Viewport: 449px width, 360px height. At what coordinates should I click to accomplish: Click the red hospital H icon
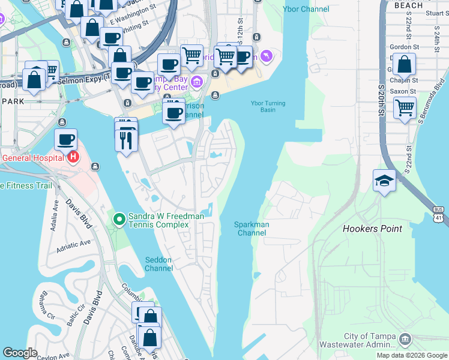(x=73, y=158)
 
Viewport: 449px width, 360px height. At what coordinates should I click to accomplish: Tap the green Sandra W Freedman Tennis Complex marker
(x=119, y=220)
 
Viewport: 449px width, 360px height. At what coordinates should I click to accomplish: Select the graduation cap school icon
(x=384, y=180)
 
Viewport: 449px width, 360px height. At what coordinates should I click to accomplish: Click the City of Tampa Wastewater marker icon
(x=405, y=340)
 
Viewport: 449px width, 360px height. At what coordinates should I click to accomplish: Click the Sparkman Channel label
(x=252, y=229)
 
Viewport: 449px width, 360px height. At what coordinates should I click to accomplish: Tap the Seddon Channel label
(x=159, y=264)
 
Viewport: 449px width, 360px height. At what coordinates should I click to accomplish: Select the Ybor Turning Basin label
(x=268, y=106)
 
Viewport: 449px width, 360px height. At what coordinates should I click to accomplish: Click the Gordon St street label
(x=404, y=47)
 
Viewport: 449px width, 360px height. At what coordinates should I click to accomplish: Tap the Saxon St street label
(x=403, y=91)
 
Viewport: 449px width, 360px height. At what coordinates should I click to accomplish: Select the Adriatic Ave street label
(x=73, y=246)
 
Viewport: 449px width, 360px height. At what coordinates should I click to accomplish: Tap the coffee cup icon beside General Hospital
(x=66, y=140)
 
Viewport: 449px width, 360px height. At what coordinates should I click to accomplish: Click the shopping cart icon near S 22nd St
(x=405, y=108)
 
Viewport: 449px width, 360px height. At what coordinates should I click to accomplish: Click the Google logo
(x=20, y=353)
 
